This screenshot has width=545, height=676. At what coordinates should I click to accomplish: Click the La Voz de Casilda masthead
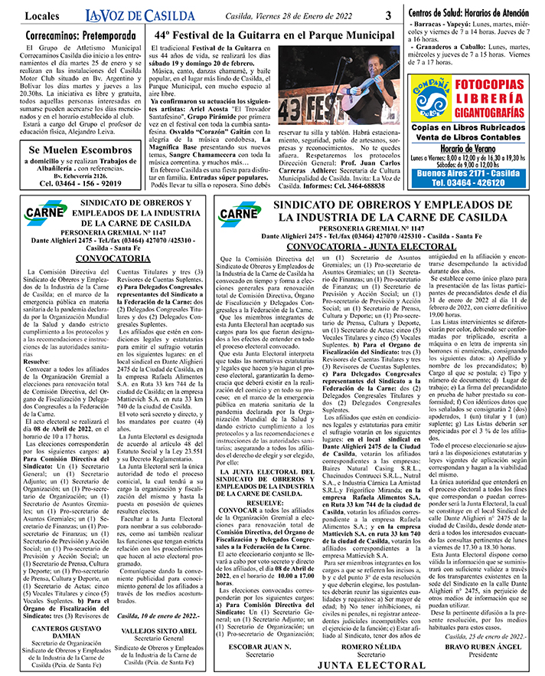coord(129,15)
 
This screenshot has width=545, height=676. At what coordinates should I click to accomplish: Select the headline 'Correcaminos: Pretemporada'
coord(76,35)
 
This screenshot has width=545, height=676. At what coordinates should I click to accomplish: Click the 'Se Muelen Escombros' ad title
coord(76,150)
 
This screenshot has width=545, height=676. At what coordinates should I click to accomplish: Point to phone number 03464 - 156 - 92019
coord(76,183)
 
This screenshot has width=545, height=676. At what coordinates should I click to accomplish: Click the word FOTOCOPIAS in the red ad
coord(497,83)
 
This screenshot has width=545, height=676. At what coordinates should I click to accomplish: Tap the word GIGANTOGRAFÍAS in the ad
coord(497,109)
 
